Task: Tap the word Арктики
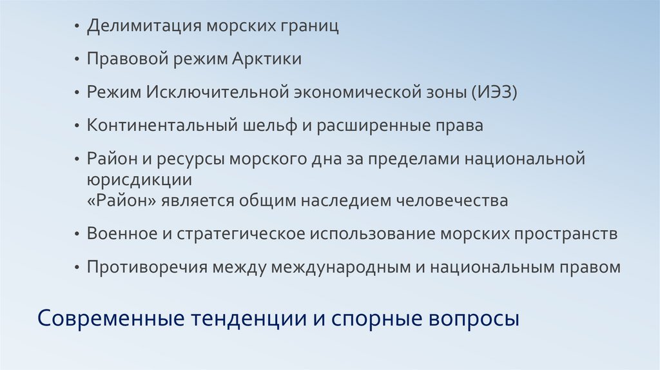click(x=269, y=59)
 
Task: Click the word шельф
click(x=263, y=125)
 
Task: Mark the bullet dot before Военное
click(x=77, y=235)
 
